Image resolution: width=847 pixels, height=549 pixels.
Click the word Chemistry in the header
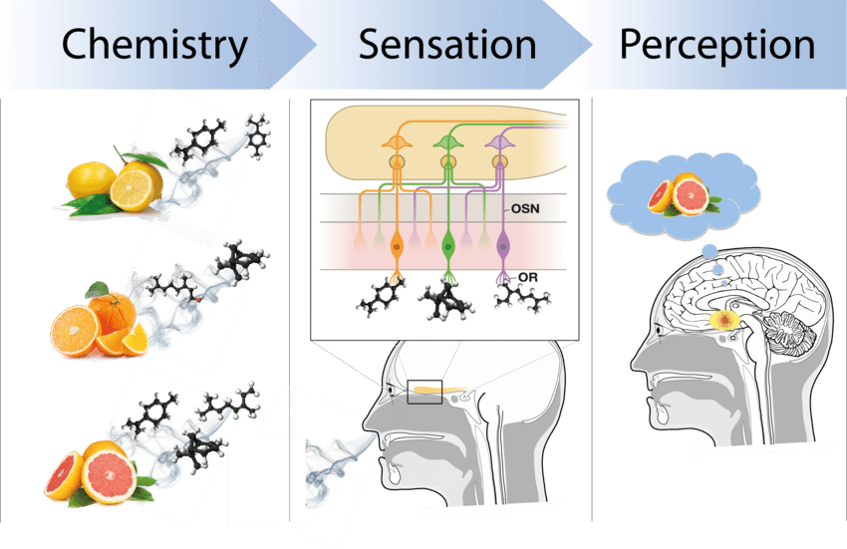[x=154, y=45]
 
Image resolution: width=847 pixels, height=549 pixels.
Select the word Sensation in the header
[x=447, y=45]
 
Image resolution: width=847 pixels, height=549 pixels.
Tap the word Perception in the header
[x=716, y=45]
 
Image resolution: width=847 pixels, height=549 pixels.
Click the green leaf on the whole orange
[x=98, y=290]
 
